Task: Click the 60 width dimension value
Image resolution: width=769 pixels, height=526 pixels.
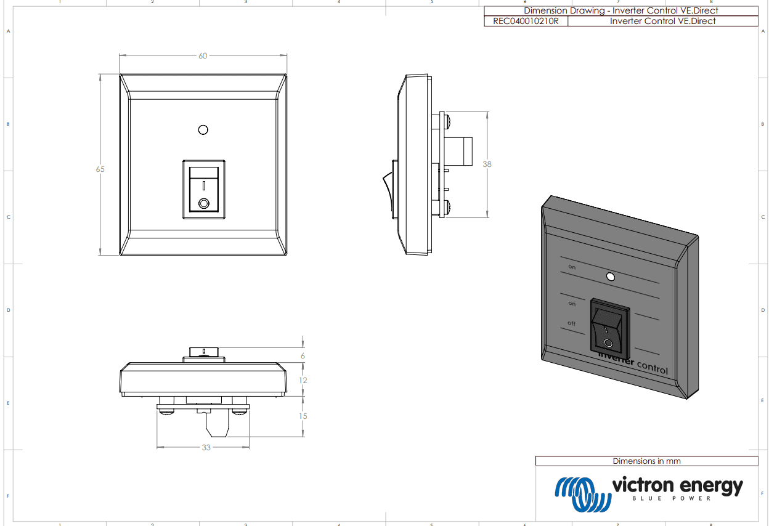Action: point(203,55)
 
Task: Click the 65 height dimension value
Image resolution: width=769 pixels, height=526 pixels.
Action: point(100,169)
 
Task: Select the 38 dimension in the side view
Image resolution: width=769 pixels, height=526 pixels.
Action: point(487,164)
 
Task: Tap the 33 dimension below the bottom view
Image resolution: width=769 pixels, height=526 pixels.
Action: point(206,447)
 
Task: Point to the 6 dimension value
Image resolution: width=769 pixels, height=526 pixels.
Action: point(303,356)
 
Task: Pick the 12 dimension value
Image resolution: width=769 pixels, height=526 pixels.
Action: point(303,380)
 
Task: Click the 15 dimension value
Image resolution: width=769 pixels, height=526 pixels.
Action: point(303,416)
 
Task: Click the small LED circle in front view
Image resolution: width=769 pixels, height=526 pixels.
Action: point(203,129)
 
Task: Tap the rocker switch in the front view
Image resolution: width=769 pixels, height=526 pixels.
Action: point(204,189)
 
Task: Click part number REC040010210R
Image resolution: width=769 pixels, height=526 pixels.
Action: point(526,21)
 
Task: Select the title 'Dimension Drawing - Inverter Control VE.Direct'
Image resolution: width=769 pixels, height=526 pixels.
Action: point(620,10)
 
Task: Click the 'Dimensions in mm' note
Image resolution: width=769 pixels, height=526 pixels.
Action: point(646,461)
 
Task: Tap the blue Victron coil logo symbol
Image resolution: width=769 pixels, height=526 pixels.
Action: point(582,494)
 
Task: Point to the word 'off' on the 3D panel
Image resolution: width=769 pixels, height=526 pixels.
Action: point(571,323)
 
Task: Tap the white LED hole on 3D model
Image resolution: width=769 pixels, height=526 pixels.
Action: point(610,277)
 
